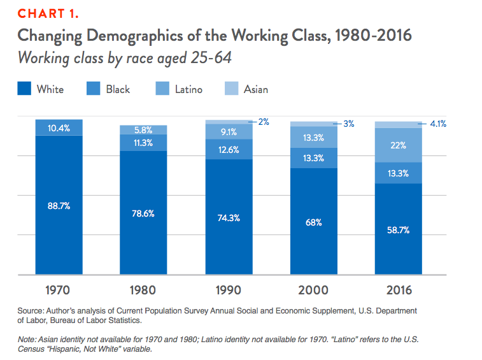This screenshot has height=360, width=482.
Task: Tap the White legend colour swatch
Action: point(24,89)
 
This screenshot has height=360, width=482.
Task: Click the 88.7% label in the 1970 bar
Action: point(59,205)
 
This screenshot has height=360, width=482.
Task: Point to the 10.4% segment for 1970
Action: point(59,128)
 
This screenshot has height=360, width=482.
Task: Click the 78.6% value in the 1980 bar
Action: point(143,213)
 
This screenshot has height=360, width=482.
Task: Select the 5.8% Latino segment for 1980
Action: point(143,130)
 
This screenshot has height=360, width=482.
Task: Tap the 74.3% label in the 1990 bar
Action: point(228,217)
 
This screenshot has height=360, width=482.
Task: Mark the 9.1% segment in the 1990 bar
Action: point(228,132)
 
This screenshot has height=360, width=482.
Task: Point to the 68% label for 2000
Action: point(313,222)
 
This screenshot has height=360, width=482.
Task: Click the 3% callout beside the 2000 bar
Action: point(348,124)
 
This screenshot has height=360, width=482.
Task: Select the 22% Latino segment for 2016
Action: point(398,145)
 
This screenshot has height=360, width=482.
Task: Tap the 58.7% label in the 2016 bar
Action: point(398,230)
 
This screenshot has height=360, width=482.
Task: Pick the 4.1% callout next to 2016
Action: point(437,124)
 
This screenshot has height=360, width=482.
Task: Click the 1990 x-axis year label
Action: point(228,291)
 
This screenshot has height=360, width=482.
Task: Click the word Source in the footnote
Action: point(31,310)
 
